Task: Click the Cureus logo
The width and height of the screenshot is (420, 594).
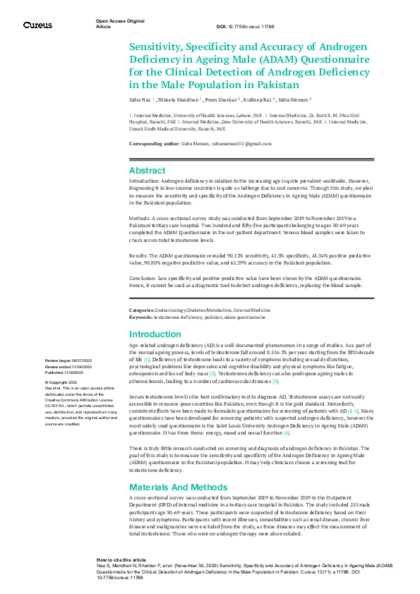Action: pyautogui.click(x=37, y=25)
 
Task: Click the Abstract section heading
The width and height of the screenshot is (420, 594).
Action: pyautogui.click(x=147, y=170)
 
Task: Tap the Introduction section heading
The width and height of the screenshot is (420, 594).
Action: pyautogui.click(x=155, y=334)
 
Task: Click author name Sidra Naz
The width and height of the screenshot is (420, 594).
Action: pyautogui.click(x=140, y=100)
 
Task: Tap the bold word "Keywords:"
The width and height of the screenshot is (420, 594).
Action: pyautogui.click(x=140, y=317)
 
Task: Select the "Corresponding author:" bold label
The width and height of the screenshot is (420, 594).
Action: pyautogui.click(x=154, y=144)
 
